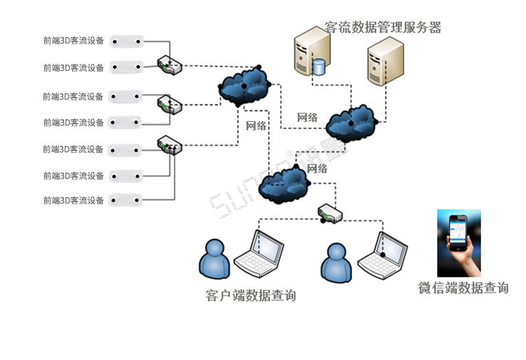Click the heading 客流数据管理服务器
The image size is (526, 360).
(x=383, y=28)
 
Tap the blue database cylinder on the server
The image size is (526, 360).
(x=320, y=67)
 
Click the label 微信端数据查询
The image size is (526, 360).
(x=463, y=288)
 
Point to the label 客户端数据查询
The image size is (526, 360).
(x=250, y=296)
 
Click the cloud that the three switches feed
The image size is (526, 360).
(x=244, y=86)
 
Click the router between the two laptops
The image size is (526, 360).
(x=329, y=213)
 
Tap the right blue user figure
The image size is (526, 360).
(x=336, y=264)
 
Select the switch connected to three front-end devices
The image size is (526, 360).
(x=169, y=145)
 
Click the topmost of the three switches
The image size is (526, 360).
(x=169, y=65)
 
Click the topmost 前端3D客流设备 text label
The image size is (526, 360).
(x=73, y=41)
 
